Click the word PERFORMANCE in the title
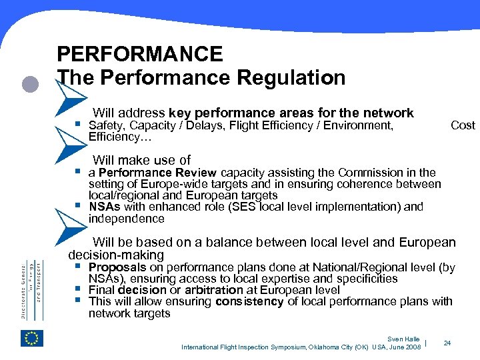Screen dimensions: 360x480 (140, 54)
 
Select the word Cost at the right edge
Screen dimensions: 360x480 (463, 125)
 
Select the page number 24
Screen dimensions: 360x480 (447, 343)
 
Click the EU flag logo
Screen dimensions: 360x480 (32, 338)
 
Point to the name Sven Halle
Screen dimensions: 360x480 (403, 339)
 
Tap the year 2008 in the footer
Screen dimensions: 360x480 (412, 347)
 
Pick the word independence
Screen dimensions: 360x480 (126, 219)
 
